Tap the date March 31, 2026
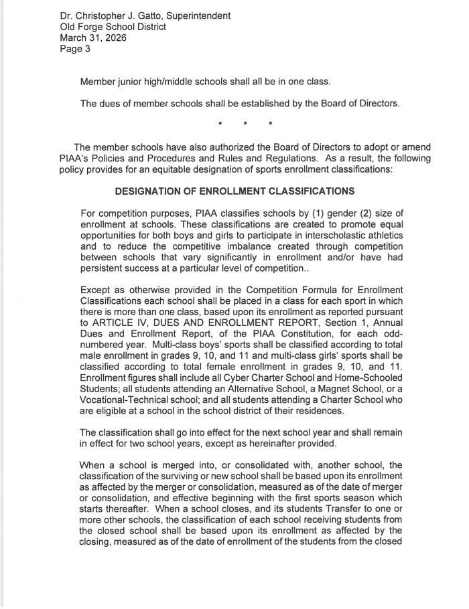point(93,38)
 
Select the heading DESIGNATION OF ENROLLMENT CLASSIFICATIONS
point(235,191)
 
